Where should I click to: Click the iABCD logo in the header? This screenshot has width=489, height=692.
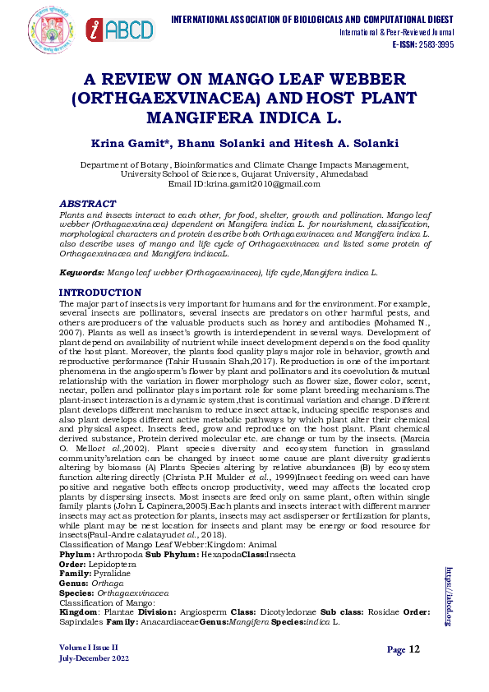[120, 30]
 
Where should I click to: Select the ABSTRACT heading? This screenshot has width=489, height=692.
[87, 202]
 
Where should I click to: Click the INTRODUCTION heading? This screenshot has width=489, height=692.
[101, 293]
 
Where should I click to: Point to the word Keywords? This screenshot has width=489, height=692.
[81, 270]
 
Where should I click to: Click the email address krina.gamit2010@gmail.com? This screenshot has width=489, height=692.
[268, 184]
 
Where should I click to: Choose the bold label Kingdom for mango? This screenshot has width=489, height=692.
[80, 612]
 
